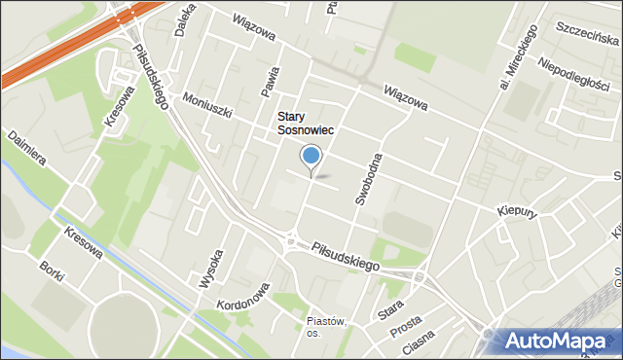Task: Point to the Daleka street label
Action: pyautogui.click(x=180, y=19)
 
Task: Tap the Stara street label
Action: pyautogui.click(x=391, y=311)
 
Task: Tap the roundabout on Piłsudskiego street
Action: pyautogui.click(x=290, y=239)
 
